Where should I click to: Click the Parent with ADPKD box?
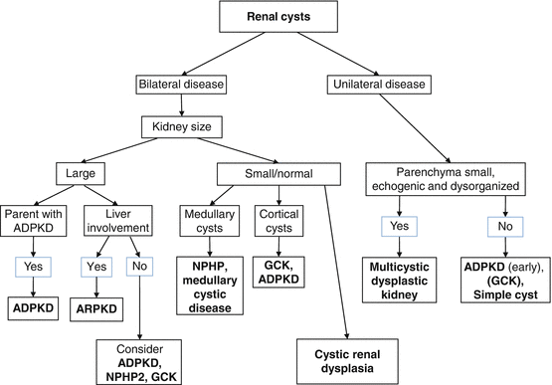(x=38, y=223)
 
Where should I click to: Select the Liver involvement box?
(x=127, y=223)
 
